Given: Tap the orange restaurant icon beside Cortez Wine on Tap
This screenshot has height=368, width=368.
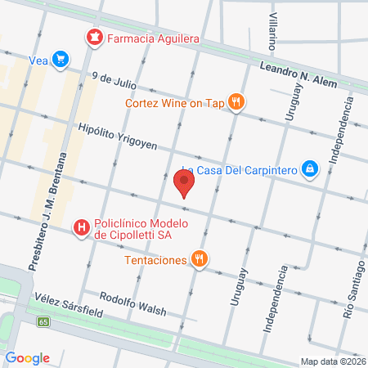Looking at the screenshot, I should tap(236, 103).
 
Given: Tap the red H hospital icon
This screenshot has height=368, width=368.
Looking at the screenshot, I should tap(81, 228).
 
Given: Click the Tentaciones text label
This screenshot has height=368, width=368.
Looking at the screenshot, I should tap(155, 260).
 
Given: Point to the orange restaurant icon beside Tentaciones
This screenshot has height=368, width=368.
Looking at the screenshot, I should tap(200, 260).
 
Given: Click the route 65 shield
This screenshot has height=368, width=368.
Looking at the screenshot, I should tap(43, 322).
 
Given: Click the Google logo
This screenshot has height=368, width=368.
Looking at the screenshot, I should tap(28, 357).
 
